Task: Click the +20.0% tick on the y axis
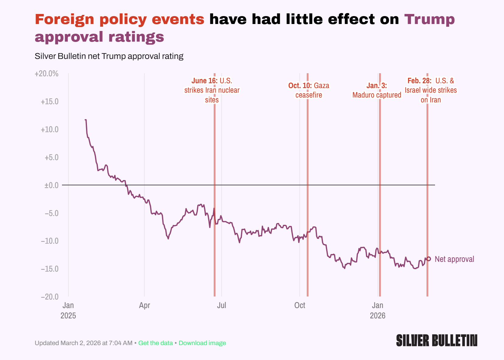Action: click(x=47, y=74)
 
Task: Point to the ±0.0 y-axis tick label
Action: click(x=51, y=185)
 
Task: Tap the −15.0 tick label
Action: click(x=50, y=269)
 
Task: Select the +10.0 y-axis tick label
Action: click(x=50, y=130)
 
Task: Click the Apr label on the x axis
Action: click(x=144, y=305)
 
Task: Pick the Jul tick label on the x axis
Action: click(x=222, y=305)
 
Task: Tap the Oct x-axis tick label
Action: click(x=300, y=305)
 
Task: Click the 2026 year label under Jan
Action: click(x=378, y=316)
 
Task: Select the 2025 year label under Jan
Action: click(x=68, y=316)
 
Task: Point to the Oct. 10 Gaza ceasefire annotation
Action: click(x=309, y=90)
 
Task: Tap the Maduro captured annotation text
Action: click(x=377, y=95)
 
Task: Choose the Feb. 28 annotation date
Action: click(x=419, y=81)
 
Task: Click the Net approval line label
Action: click(x=454, y=259)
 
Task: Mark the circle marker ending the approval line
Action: click(x=429, y=259)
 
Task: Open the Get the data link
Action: click(x=155, y=343)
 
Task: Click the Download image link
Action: click(x=202, y=343)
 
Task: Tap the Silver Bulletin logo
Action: click(x=437, y=341)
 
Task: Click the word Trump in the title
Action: click(x=429, y=19)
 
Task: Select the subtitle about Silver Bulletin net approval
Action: click(x=109, y=56)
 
